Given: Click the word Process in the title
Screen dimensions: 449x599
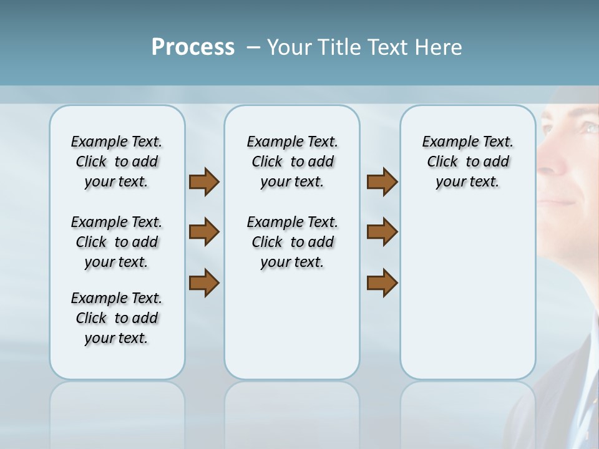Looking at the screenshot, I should [193, 47].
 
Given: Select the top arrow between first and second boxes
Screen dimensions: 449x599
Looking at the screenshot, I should [204, 182].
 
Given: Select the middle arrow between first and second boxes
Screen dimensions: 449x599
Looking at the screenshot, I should [204, 232].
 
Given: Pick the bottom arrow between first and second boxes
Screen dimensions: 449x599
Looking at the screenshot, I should [204, 282].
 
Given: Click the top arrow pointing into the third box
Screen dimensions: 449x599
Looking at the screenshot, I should [382, 182].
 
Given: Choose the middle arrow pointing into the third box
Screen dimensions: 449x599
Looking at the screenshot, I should [382, 232].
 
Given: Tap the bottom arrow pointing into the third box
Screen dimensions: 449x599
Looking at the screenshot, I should [382, 282].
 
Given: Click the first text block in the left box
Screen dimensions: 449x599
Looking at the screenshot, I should [117, 162].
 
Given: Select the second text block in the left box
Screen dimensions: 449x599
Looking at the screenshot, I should [117, 242].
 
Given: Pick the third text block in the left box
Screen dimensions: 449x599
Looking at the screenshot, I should [117, 318].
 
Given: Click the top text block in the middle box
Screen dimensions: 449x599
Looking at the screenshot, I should [292, 162].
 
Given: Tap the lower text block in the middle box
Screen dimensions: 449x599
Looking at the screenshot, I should [292, 242].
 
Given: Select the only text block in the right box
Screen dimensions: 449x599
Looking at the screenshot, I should [467, 162].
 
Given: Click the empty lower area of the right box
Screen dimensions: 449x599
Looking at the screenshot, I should [467, 293].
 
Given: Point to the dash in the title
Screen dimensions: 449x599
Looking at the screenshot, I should [253, 47].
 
